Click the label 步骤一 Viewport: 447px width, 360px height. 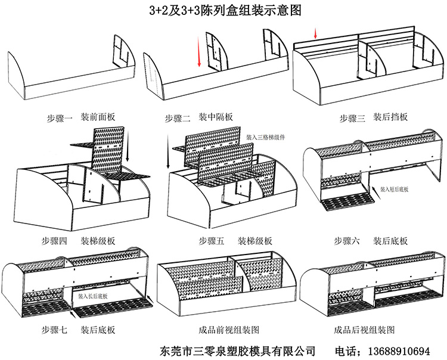[59, 117]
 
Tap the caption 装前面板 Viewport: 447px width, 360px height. [98, 117]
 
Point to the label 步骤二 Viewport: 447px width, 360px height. [178, 117]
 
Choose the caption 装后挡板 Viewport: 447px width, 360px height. [390, 117]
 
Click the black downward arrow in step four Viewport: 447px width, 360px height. [127, 145]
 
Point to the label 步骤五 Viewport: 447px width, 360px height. [212, 241]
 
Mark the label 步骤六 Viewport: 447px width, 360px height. [347, 241]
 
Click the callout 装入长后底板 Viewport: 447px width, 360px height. [94, 296]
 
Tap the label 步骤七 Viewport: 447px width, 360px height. [54, 328]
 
